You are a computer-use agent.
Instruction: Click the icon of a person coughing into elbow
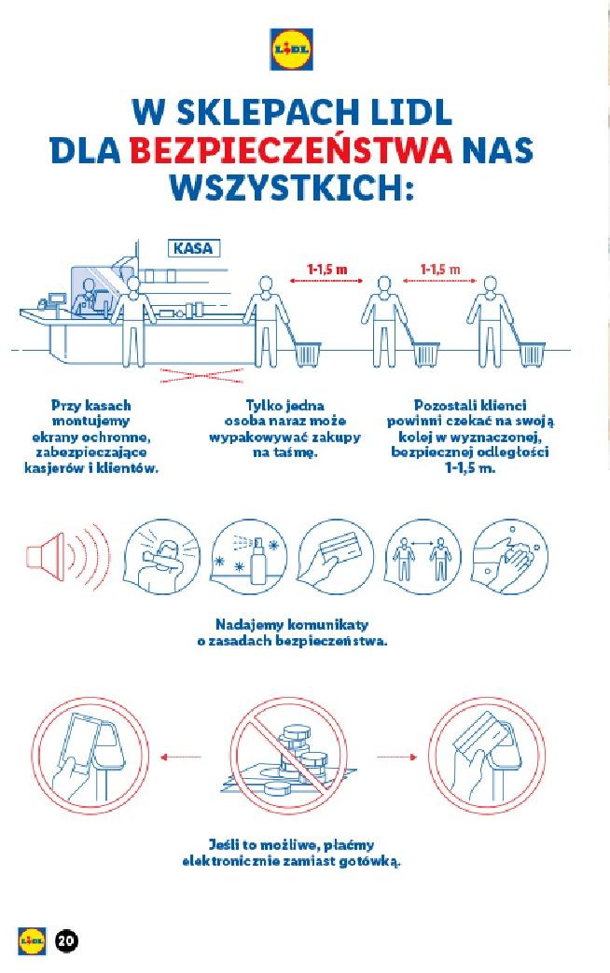click(x=158, y=557)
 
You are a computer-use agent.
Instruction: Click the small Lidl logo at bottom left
click(x=32, y=940)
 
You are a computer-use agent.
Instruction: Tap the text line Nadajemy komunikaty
click(x=292, y=624)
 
